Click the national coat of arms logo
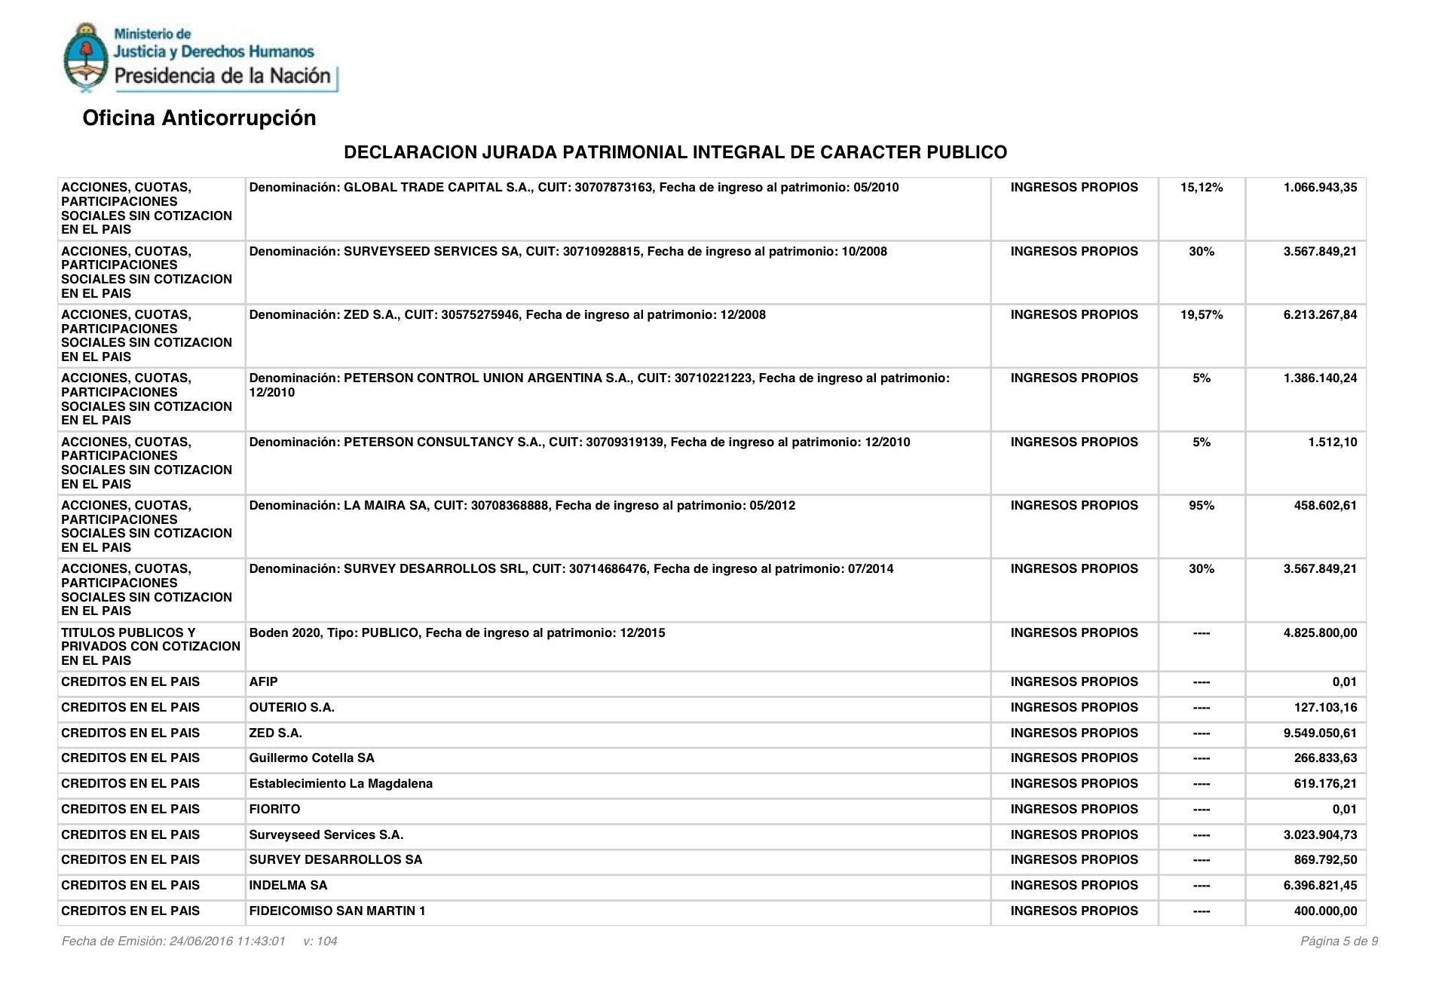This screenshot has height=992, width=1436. (x=84, y=58)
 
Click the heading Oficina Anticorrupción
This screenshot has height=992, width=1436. (x=199, y=118)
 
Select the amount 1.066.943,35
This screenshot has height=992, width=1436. (x=1319, y=188)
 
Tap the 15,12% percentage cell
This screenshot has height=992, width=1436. (x=1201, y=188)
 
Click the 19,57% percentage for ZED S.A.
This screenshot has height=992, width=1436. (x=1201, y=315)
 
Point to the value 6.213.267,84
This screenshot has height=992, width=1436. (x=1319, y=315)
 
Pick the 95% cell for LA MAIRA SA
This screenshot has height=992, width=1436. (x=1201, y=506)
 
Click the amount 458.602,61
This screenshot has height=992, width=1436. (x=1324, y=506)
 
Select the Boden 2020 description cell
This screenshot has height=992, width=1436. (x=457, y=633)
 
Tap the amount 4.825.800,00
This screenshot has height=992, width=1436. (x=1319, y=633)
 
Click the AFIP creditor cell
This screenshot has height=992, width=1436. (x=263, y=682)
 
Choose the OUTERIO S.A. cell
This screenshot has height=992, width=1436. (x=292, y=708)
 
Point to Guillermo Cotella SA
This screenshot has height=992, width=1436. (x=311, y=758)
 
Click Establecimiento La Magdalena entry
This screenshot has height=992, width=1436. (x=341, y=784)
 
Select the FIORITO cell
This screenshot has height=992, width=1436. (x=274, y=810)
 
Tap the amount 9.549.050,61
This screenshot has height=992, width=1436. (x=1319, y=733)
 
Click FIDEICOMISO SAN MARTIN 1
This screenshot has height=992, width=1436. (x=337, y=911)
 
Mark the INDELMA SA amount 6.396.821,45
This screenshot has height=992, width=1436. (x=1319, y=886)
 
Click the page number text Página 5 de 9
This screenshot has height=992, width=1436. (x=1338, y=941)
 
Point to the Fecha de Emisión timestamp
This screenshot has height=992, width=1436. (x=173, y=941)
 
